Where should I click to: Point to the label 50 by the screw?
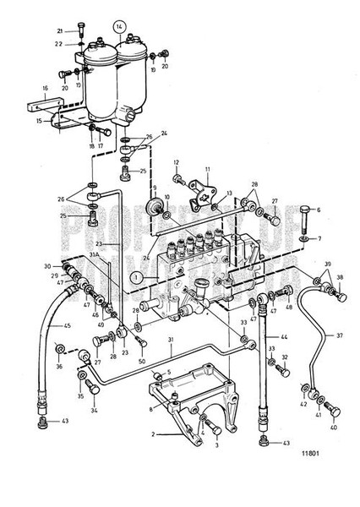[141, 361]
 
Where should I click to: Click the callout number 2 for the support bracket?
[154, 434]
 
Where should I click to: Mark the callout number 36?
[58, 366]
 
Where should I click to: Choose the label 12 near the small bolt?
[177, 162]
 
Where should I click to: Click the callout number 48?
[289, 308]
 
